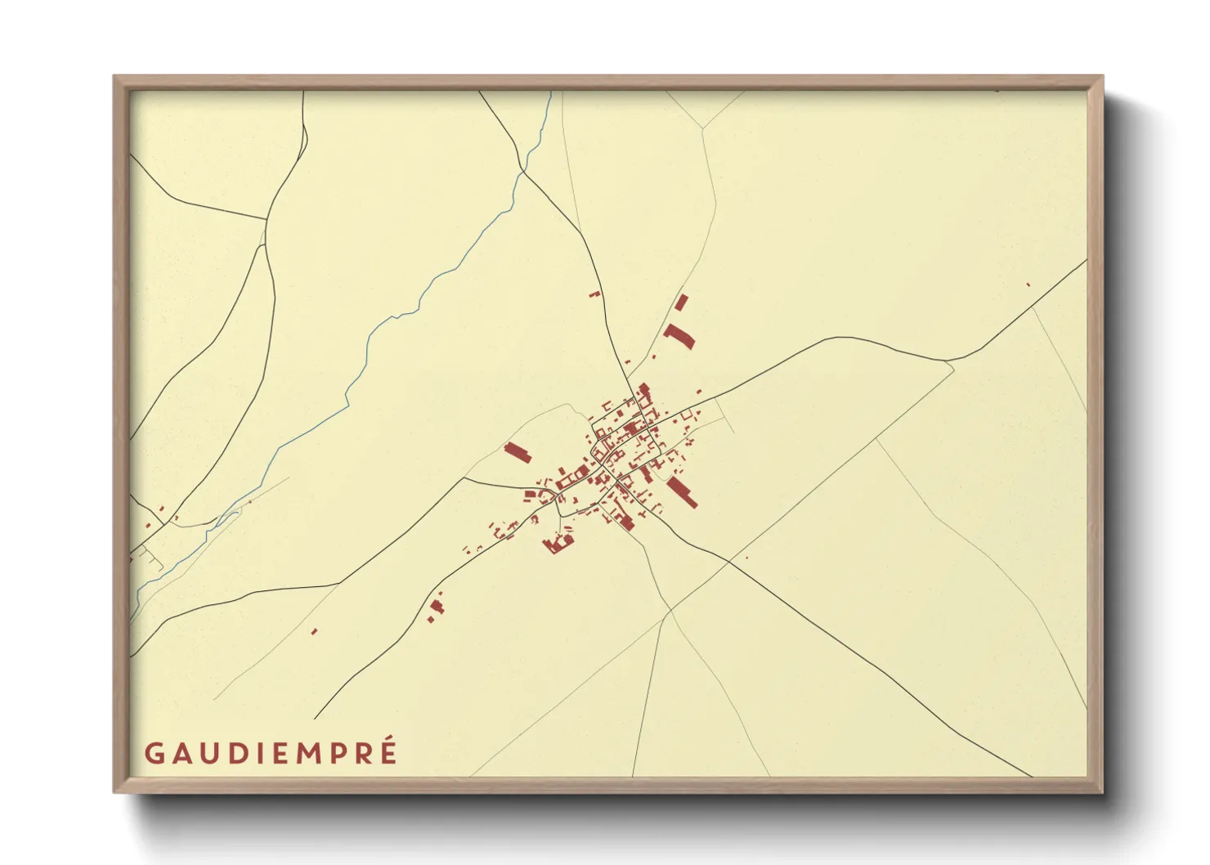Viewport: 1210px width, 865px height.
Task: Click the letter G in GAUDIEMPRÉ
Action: (x=155, y=754)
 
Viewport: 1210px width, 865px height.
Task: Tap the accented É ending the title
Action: (x=388, y=752)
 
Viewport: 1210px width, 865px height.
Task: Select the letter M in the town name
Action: (x=307, y=754)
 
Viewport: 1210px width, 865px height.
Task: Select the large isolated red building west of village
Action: (x=518, y=452)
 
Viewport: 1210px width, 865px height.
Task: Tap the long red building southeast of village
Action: (x=682, y=492)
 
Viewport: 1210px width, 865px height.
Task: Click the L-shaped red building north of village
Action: (x=679, y=335)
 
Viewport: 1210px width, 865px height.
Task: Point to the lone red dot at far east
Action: (x=1028, y=285)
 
